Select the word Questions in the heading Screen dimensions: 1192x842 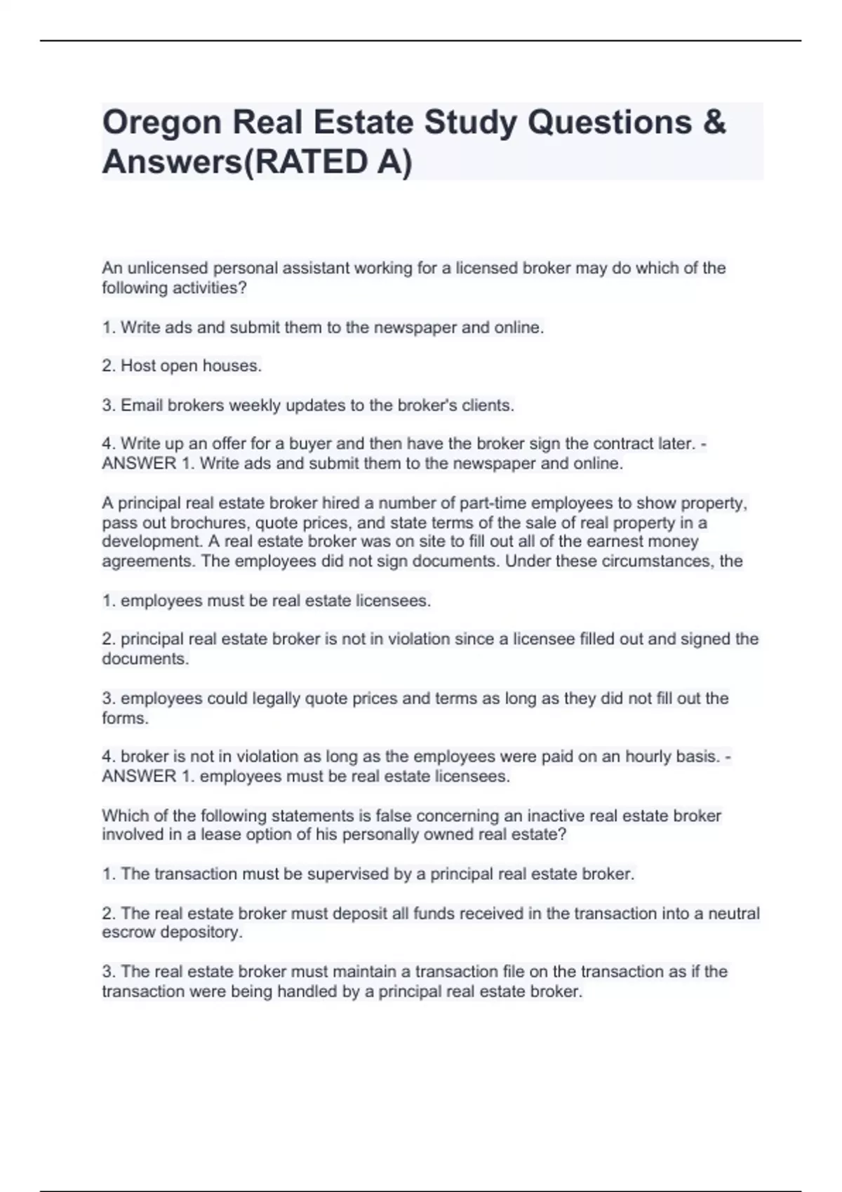[610, 123]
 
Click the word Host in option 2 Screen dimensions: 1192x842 [139, 366]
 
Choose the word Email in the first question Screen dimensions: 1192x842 [142, 405]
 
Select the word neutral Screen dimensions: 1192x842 [734, 914]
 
